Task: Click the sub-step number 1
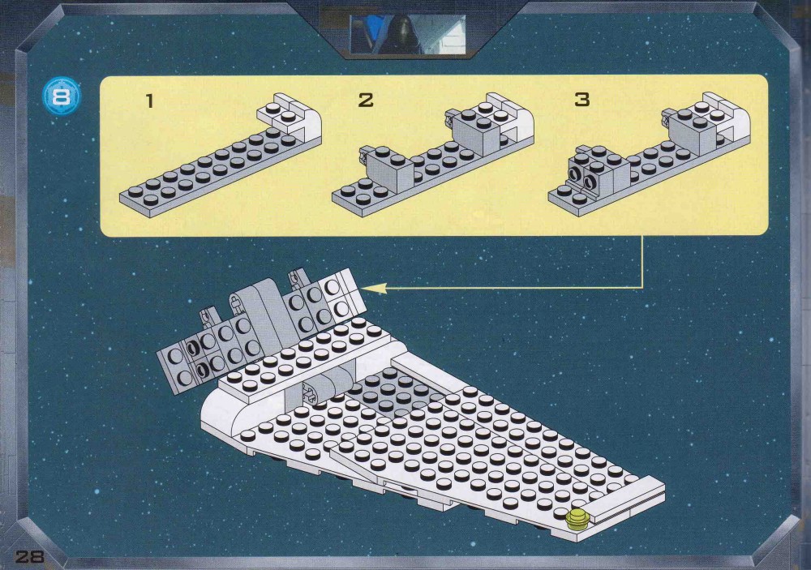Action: click(x=150, y=101)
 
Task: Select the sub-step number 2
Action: click(x=366, y=100)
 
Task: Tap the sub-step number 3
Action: click(x=581, y=99)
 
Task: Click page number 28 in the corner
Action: click(x=29, y=556)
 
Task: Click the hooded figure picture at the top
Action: click(x=408, y=34)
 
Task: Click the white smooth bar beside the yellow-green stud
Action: click(x=627, y=499)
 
